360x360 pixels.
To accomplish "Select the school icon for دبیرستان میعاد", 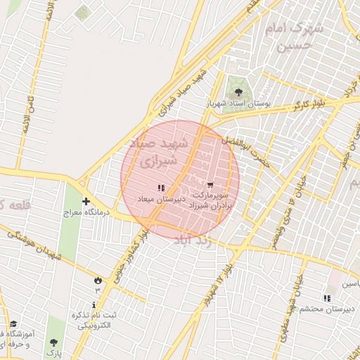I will [x=161, y=188].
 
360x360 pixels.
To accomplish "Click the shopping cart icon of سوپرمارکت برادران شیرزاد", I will [x=210, y=186].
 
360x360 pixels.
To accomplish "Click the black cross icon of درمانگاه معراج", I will [x=86, y=201].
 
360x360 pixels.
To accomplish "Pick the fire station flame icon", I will [x=96, y=279].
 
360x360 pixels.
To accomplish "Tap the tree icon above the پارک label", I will [x=53, y=343].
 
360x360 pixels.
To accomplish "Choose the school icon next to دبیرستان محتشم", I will [x=326, y=297].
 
